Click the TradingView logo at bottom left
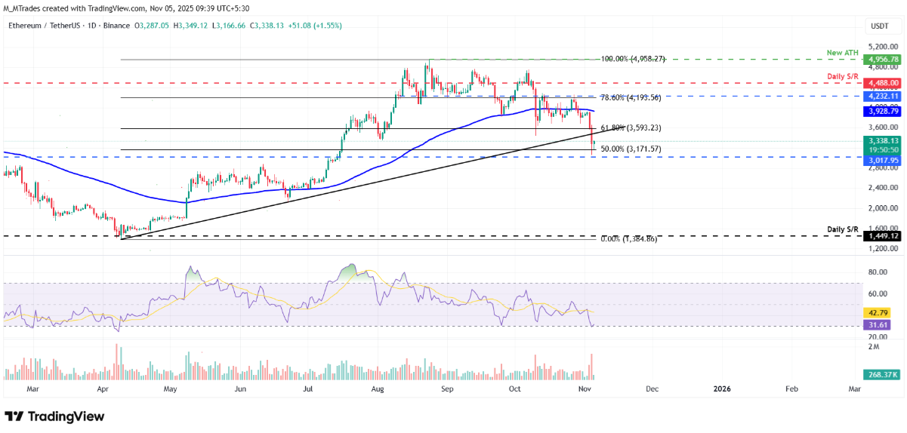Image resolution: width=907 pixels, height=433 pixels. [x=54, y=416]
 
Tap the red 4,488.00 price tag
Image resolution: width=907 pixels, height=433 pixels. [x=883, y=83]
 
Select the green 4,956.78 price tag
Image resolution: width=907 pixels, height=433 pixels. [x=883, y=59]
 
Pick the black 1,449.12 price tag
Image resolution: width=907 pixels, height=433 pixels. [x=883, y=236]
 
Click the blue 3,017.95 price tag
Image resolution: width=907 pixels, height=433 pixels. [x=883, y=161]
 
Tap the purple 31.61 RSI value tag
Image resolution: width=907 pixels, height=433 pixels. [x=876, y=326]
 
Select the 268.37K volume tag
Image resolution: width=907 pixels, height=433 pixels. [x=880, y=374]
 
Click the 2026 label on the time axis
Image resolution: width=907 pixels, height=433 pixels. [x=722, y=388]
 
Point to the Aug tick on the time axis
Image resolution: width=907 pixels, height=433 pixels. [x=379, y=388]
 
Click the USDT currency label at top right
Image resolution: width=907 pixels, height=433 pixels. [x=879, y=26]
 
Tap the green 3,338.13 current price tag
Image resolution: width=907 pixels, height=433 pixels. [x=883, y=140]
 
